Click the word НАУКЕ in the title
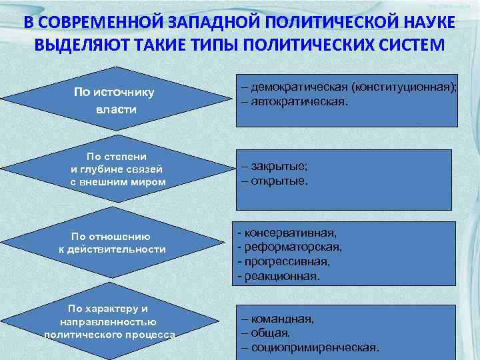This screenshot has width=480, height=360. [424, 23]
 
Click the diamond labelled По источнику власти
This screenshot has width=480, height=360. [114, 100]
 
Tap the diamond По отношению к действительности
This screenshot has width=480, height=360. [111, 242]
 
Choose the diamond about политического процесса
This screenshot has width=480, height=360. [108, 322]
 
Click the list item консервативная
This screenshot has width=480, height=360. [287, 233]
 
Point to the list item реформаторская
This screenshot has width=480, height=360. [290, 247]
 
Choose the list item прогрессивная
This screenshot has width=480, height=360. [283, 261]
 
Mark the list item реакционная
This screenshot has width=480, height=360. [279, 275]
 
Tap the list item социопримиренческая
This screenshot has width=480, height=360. [311, 347]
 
